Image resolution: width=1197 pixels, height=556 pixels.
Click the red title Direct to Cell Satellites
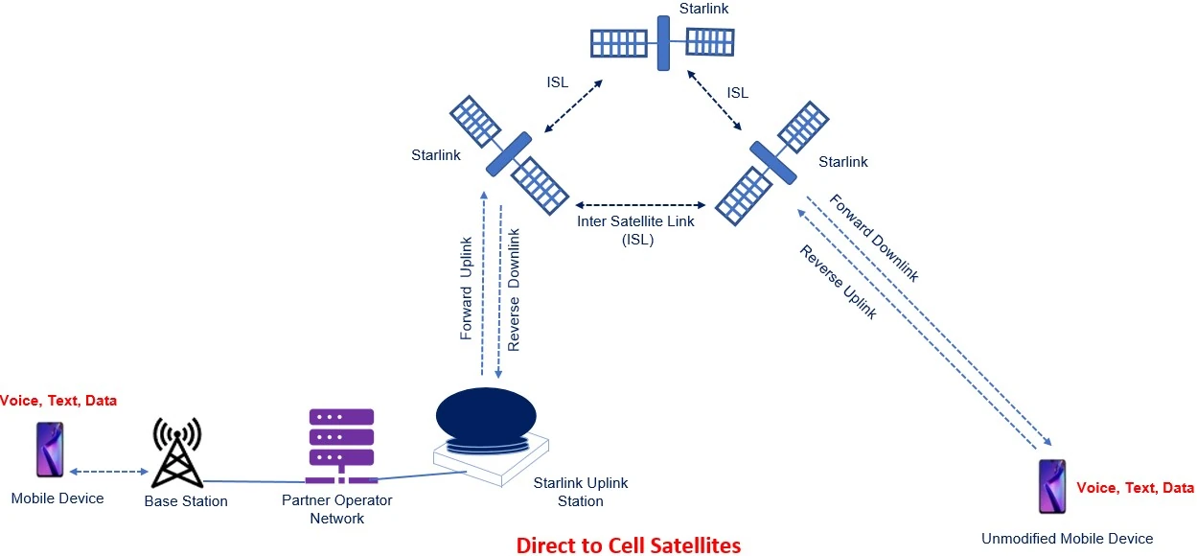pos(628,544)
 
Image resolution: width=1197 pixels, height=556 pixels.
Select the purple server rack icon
pos(340,447)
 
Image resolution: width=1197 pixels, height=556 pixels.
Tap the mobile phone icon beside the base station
pos(50,450)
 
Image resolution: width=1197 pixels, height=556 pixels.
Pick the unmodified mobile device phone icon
pos(1052,486)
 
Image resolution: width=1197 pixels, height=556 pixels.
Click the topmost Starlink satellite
pos(662,42)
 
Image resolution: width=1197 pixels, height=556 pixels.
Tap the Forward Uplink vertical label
pos(467,289)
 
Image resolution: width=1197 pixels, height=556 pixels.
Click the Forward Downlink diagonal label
pos(873,239)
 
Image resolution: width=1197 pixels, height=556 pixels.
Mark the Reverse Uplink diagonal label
pos(838,281)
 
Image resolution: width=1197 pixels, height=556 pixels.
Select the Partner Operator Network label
pos(336,509)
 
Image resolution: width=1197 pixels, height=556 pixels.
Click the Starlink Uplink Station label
pos(580,492)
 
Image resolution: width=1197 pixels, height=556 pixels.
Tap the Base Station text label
pos(186,500)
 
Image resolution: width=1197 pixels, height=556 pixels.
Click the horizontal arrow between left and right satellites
pos(640,205)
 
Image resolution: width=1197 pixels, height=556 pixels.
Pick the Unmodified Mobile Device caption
pos(1067,538)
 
